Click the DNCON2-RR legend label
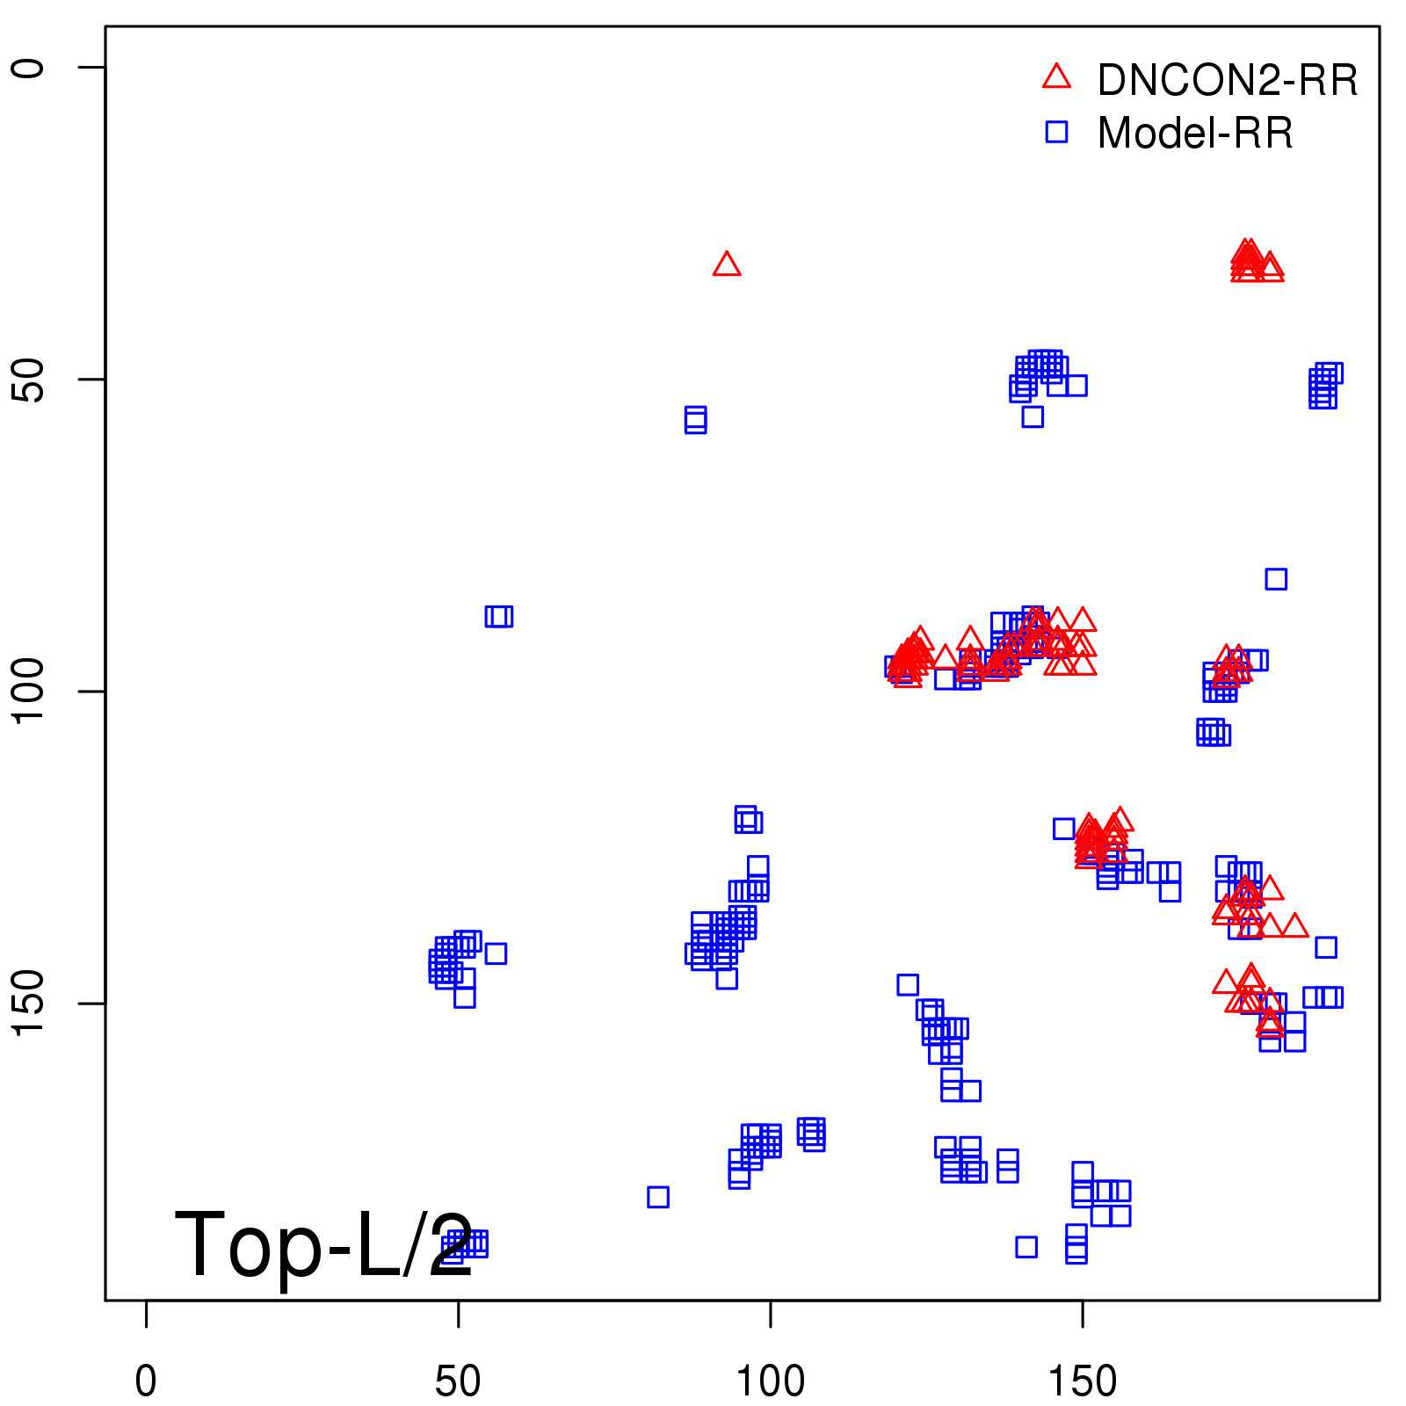click(1227, 81)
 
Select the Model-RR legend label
click(1194, 134)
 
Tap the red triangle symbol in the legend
click(1056, 77)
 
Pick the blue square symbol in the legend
click(1056, 132)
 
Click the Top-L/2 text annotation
click(323, 1244)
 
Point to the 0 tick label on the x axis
click(146, 1381)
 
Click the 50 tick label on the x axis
click(458, 1381)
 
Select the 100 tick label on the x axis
click(771, 1381)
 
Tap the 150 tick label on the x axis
click(1083, 1381)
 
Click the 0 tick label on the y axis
click(28, 68)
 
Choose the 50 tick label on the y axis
click(28, 380)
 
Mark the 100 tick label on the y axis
click(28, 692)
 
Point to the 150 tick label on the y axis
click(28, 1004)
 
